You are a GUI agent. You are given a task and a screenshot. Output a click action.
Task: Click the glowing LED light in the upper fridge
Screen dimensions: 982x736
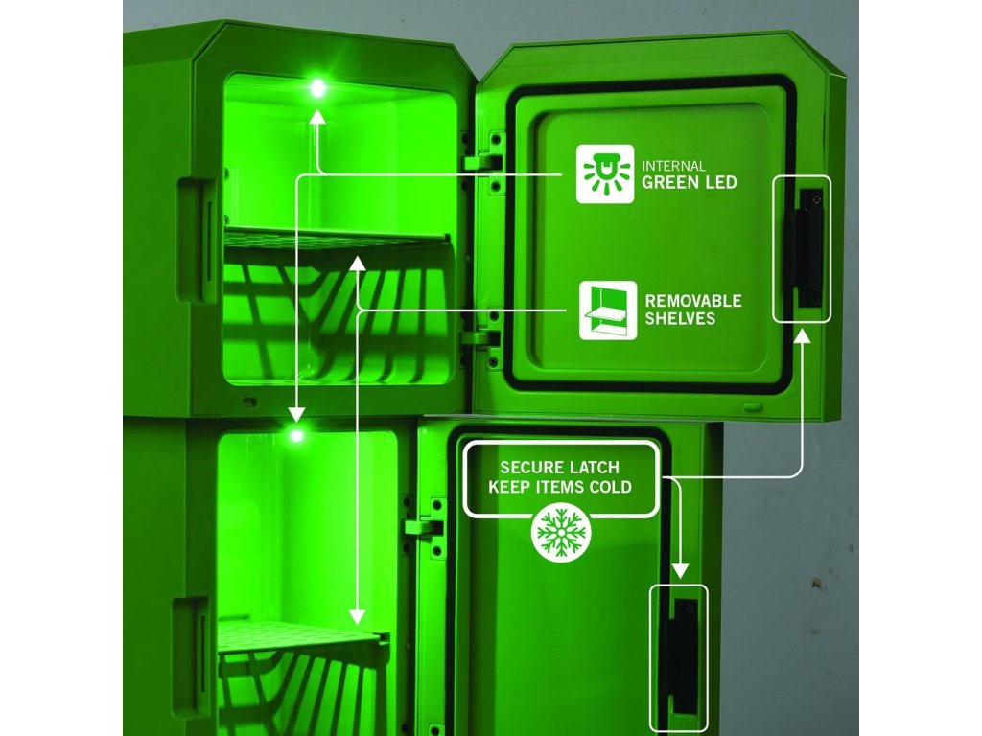point(317,89)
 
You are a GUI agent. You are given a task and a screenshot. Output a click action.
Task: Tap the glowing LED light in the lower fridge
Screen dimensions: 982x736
point(296,436)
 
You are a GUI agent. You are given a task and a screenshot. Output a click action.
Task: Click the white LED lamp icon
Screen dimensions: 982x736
point(604,173)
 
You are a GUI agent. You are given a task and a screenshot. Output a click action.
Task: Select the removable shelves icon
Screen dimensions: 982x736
point(608,310)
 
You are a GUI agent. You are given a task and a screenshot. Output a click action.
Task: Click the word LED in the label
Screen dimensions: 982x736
point(718,182)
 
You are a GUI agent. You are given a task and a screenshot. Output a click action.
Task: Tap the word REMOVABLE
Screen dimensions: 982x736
point(693,301)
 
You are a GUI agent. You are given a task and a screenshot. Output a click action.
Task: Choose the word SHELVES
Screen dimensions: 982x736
point(680,319)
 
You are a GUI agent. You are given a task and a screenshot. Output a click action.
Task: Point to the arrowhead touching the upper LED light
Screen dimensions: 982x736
point(317,116)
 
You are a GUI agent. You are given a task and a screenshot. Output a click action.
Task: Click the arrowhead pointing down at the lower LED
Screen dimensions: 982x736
point(296,414)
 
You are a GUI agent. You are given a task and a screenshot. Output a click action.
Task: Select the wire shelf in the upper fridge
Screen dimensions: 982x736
point(336,238)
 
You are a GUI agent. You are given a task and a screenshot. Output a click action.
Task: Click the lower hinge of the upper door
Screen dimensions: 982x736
point(480,337)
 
